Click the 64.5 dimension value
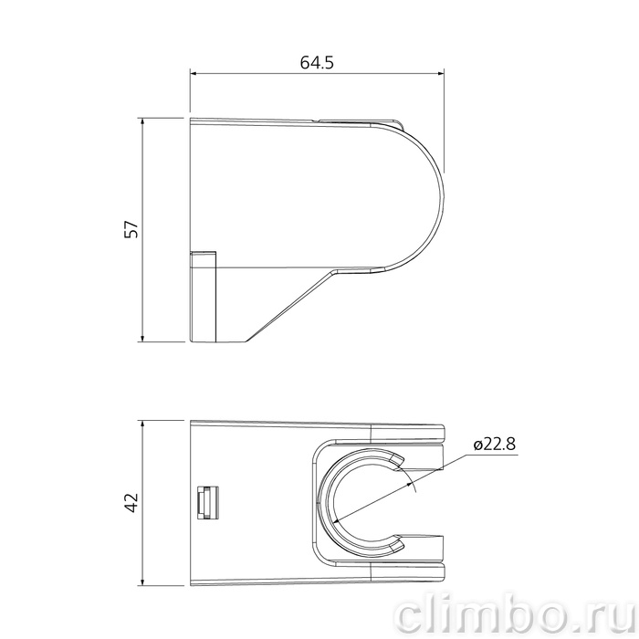[x=317, y=62]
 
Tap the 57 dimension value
[x=132, y=229]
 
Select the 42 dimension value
[x=132, y=502]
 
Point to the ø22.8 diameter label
[x=495, y=444]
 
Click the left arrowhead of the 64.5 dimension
[x=194, y=74]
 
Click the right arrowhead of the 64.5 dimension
[x=440, y=74]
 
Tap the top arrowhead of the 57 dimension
[x=142, y=121]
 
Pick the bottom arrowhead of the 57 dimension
[x=142, y=338]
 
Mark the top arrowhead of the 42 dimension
[x=142, y=424]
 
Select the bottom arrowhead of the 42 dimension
[x=142, y=582]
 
